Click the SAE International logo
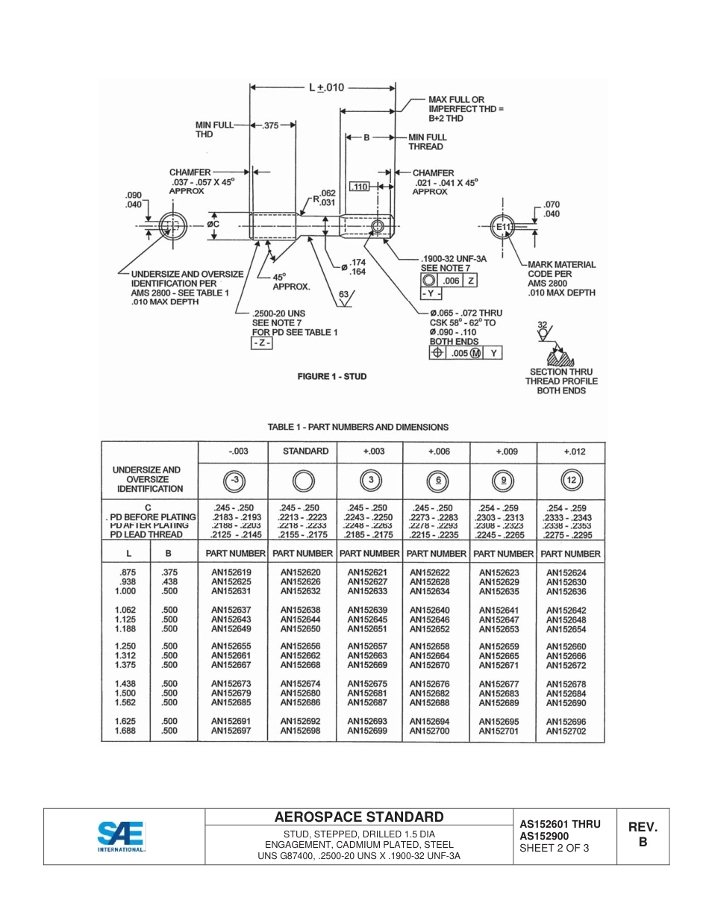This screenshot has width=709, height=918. [x=122, y=836]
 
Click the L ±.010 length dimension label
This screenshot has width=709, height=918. [x=327, y=87]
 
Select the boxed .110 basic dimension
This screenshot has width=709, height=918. [x=360, y=187]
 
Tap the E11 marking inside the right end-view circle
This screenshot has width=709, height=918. [x=505, y=226]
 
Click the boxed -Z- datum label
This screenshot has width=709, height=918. [x=261, y=343]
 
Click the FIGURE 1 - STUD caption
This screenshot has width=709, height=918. [x=332, y=376]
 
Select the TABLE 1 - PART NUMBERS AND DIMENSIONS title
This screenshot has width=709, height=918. [x=358, y=427]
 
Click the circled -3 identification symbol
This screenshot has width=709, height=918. [x=234, y=480]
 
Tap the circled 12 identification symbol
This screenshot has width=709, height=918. [x=571, y=480]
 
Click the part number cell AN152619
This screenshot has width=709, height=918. [x=231, y=572]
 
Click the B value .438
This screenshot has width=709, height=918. [x=169, y=581]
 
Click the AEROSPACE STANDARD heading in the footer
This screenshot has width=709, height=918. [x=359, y=817]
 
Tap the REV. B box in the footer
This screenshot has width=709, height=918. [x=642, y=834]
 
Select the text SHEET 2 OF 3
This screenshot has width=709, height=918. [x=554, y=847]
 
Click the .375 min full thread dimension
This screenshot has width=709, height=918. [x=270, y=126]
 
